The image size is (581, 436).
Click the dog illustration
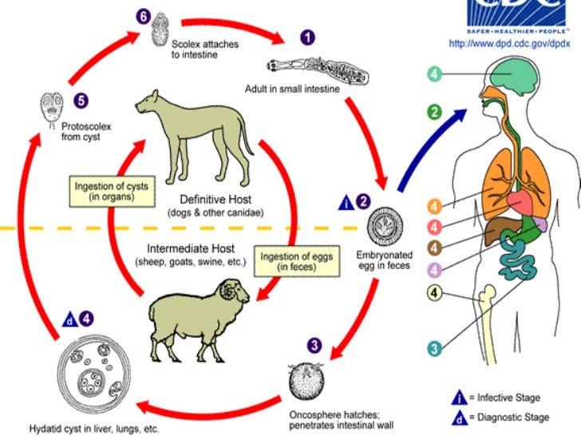click(x=192, y=136)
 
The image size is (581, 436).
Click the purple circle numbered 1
click(x=307, y=38)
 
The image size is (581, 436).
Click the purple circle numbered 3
click(x=315, y=346)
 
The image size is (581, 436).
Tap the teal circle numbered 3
click(x=434, y=348)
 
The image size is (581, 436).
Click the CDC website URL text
click(x=512, y=43)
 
